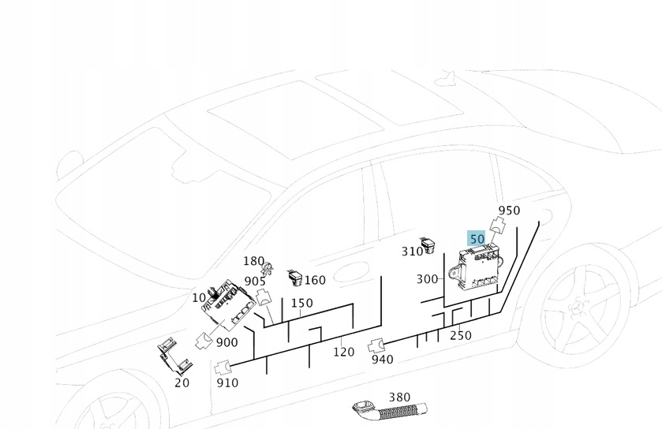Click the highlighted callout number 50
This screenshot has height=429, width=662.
477,238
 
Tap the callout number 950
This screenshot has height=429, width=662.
509,211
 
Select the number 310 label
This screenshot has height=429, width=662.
412,252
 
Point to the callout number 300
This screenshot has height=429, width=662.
427,279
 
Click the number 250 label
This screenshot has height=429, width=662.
460,335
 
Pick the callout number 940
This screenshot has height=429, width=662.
382,360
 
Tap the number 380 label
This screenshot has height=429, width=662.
399,397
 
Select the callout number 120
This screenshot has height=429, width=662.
343,352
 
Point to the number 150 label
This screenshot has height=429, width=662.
301,303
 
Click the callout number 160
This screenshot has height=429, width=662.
315,280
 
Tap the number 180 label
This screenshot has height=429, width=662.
253,261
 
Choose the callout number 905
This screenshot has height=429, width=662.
255,281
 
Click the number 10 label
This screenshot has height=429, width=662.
199,297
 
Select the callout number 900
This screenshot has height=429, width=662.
226,342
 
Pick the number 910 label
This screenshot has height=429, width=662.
227,382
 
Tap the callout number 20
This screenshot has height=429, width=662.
182,382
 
